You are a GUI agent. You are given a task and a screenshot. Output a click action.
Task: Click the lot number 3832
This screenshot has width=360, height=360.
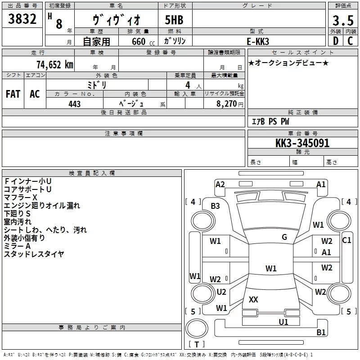(x=22, y=20)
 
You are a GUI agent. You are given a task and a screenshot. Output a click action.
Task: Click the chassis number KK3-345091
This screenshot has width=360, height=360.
(x=302, y=144)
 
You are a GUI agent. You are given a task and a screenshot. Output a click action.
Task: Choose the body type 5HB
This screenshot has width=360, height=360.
(x=174, y=21)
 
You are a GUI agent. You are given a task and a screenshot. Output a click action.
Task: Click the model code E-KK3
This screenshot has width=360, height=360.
(x=258, y=41)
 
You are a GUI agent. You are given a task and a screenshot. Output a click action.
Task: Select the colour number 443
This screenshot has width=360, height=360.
(x=75, y=104)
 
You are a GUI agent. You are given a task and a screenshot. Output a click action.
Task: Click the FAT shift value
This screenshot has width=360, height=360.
(x=13, y=94)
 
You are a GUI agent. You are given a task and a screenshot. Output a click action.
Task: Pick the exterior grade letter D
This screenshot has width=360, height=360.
(x=335, y=41)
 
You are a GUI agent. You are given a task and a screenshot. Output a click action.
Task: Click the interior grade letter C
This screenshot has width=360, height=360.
(x=350, y=41)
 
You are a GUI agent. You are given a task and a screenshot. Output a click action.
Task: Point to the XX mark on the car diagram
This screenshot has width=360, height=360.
(x=254, y=299)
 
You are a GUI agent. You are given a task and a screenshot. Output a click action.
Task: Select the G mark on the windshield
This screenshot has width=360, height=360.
(x=284, y=237)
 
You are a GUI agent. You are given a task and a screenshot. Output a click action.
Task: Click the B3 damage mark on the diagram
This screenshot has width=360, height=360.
(x=216, y=206)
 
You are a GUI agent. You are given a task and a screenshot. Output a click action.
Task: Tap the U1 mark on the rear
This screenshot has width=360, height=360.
(x=283, y=322)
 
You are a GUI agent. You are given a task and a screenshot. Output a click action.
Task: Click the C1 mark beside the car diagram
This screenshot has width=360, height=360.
(x=346, y=240)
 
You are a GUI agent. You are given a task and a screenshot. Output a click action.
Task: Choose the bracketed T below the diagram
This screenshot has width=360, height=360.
(x=196, y=345)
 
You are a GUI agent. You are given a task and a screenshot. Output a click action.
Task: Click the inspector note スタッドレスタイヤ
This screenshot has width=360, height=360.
(x=34, y=254)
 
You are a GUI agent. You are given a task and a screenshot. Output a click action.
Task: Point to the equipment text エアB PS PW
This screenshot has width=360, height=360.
(x=270, y=121)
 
